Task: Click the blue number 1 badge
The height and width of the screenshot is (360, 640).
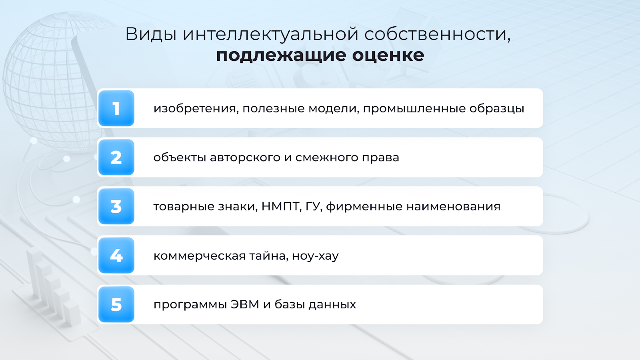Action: [x=116, y=108]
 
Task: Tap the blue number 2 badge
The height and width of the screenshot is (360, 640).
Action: [x=116, y=158]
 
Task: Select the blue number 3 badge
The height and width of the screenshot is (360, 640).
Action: [x=116, y=206]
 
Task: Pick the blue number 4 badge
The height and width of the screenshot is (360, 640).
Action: [x=116, y=256]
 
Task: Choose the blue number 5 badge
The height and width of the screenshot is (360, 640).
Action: [x=116, y=304]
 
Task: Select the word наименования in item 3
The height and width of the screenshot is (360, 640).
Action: [x=453, y=206]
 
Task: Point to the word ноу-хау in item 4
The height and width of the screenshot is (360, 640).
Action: [x=315, y=256]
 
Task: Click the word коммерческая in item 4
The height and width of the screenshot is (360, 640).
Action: [x=200, y=256]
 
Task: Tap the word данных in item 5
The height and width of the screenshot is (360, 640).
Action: [x=332, y=305]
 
